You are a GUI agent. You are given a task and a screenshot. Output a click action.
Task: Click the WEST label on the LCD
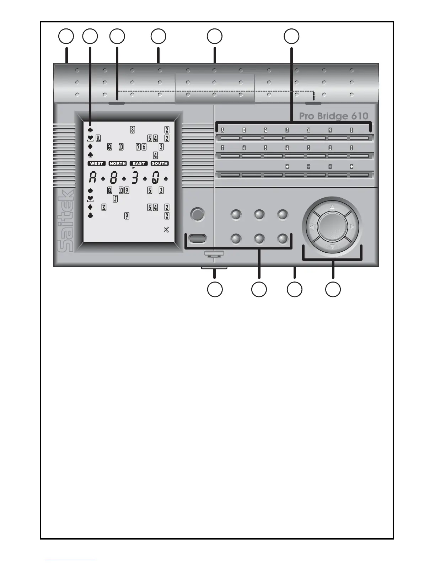point(96,163)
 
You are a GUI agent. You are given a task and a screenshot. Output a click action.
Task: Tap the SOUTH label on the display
point(160,163)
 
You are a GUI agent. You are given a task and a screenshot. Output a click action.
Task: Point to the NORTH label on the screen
point(118,163)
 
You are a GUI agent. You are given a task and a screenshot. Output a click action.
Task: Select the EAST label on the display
point(139,163)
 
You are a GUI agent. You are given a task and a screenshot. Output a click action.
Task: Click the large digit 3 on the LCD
point(135,178)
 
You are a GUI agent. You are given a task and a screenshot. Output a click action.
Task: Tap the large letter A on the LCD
point(92,178)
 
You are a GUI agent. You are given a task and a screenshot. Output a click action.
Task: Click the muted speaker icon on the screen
point(166,230)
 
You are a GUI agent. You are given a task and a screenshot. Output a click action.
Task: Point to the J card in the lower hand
point(116,199)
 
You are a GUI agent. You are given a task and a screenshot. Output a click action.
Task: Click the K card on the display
point(104,208)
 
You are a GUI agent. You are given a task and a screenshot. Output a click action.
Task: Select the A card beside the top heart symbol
point(98,138)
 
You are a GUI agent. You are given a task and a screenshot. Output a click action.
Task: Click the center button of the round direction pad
point(332,226)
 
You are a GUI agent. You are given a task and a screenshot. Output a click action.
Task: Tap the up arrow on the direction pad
point(332,207)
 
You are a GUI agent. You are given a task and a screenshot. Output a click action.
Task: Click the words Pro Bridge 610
point(333,116)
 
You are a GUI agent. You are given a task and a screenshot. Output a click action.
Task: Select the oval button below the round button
point(198,238)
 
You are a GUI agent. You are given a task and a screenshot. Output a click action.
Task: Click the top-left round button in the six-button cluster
point(236,215)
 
